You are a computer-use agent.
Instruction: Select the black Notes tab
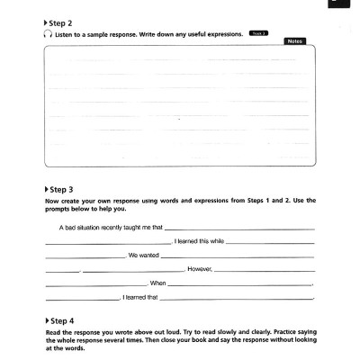[294, 41]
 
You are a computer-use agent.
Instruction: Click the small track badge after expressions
[258, 32]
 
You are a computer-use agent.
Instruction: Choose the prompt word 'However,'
[199, 268]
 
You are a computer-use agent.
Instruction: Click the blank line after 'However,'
[265, 270]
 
